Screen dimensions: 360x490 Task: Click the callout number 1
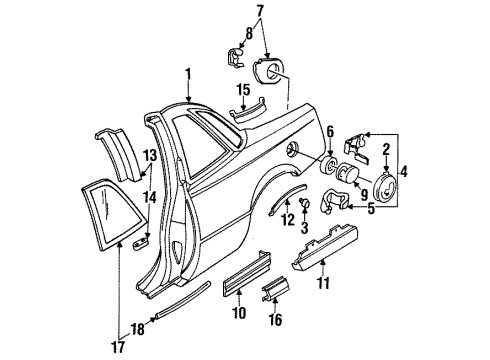tap(185, 73)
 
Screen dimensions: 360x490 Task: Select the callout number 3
tap(302, 228)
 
